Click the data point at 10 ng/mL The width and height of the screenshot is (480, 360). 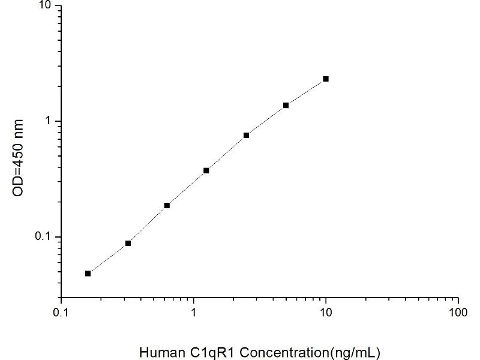click(x=326, y=79)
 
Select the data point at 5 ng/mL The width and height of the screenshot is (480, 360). click(x=286, y=105)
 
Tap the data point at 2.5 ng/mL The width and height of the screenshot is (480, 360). click(x=247, y=135)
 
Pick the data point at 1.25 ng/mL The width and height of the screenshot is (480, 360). click(x=206, y=170)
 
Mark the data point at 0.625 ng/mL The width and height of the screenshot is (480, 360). click(x=167, y=205)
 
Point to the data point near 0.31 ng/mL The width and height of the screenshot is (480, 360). click(x=128, y=243)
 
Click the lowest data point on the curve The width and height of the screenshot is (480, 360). click(x=88, y=273)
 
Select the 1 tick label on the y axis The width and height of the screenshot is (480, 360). click(x=50, y=121)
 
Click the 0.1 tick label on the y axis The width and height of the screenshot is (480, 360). click(x=46, y=237)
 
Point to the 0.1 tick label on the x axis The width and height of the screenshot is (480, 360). click(x=61, y=313)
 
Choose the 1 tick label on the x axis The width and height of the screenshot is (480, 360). click(x=193, y=313)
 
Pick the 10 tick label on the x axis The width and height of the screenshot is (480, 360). click(x=326, y=313)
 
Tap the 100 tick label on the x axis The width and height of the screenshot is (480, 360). click(x=458, y=313)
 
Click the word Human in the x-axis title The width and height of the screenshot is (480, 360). click(x=159, y=352)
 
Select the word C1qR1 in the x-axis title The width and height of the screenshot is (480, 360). click(x=203, y=352)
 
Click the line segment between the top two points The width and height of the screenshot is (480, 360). click(x=306, y=92)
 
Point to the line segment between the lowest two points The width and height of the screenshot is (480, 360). click(x=108, y=258)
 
